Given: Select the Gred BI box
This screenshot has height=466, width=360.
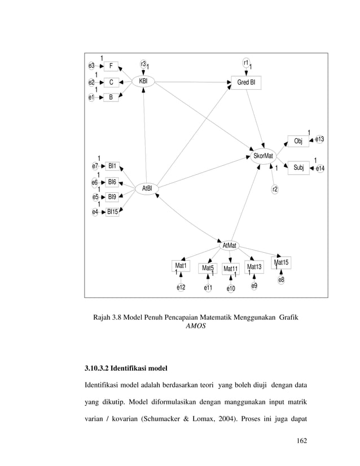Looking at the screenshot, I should pos(245,83).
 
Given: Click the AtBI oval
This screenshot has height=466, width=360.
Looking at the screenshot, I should pos(146,188).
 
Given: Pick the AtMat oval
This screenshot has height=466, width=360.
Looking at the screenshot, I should pos(229,245).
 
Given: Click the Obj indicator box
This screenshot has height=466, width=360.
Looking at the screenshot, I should pos(298,141).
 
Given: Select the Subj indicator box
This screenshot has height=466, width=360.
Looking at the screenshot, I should pos(298,167).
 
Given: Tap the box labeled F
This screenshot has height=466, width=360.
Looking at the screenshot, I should pos(111,66).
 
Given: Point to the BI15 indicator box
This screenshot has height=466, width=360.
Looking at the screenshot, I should pos(112,212).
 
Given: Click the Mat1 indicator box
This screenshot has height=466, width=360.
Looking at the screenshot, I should pos(181,265).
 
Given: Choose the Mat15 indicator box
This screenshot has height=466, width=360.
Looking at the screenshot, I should pos(280,262).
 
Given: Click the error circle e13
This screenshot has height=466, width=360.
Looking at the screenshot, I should pos(319,139).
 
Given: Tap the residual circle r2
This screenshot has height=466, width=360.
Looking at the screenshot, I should pos(274,189).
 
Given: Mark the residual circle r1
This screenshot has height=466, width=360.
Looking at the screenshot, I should pos(246,62).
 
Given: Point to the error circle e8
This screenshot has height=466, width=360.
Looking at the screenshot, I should pos(281,279).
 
